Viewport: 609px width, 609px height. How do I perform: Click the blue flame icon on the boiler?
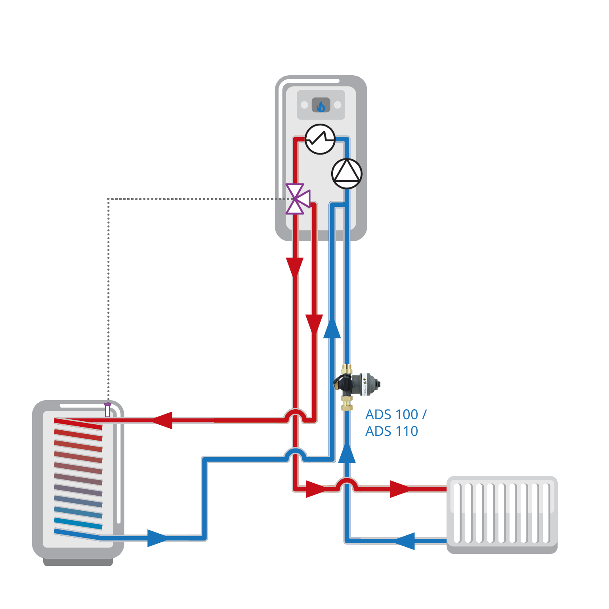[x=321, y=106]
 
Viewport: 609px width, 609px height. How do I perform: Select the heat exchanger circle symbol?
[x=320, y=139]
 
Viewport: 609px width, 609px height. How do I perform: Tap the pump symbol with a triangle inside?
[x=347, y=174]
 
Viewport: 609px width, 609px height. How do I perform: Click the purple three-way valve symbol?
[x=297, y=199]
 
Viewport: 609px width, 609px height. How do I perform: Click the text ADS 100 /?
[x=396, y=414]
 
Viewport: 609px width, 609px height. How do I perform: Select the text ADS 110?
[x=391, y=431]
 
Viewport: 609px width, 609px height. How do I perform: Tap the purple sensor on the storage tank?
[x=107, y=410]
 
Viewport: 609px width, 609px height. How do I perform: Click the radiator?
[x=502, y=514]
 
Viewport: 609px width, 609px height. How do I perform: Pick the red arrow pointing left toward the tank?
[x=162, y=420]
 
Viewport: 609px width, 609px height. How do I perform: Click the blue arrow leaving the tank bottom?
[x=158, y=538]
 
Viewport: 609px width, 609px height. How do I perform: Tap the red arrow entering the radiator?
[x=400, y=489]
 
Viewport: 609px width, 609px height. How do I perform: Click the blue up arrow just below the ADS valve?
[x=347, y=452]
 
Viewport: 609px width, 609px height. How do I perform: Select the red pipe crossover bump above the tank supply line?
[x=295, y=415]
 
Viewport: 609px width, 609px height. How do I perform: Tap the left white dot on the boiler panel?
[x=304, y=105]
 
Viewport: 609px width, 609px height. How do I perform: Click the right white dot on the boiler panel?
[x=338, y=105]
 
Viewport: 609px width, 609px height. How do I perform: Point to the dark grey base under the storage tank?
[x=78, y=562]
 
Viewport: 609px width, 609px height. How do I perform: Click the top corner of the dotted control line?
[x=108, y=199]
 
